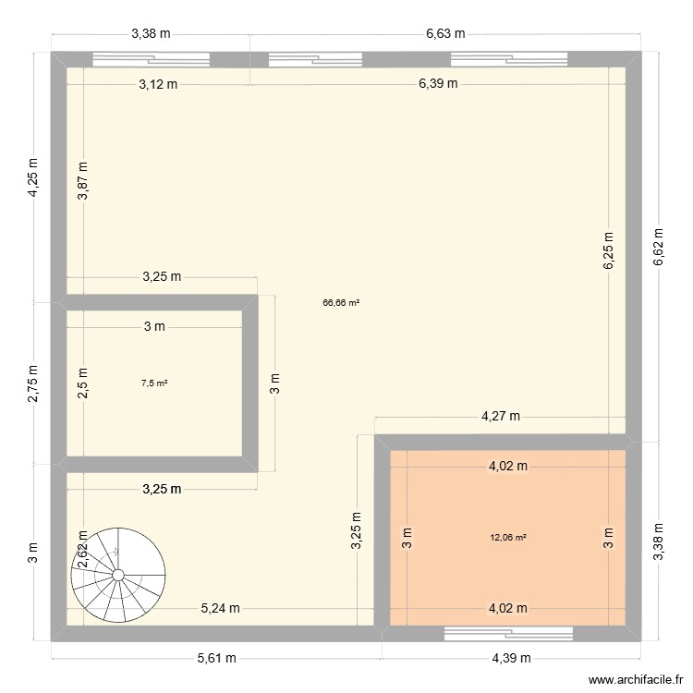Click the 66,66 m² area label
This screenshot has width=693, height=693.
[x=341, y=302]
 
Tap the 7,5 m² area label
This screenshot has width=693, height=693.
[x=154, y=383]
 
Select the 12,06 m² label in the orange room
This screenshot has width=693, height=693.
[x=508, y=537]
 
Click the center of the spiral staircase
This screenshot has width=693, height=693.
[x=118, y=575]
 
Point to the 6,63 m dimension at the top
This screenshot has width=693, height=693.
[x=444, y=33]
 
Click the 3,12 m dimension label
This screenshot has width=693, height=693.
[x=158, y=84]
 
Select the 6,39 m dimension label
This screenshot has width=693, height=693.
[x=438, y=84]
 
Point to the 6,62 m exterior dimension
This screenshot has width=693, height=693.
[x=658, y=248]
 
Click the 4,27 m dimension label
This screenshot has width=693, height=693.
[x=500, y=417]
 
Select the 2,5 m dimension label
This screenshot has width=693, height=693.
[x=83, y=383]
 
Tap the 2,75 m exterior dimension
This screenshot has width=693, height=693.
[x=33, y=382]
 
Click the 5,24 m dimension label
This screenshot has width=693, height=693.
[x=221, y=608]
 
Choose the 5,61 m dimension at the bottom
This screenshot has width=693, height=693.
[x=216, y=658]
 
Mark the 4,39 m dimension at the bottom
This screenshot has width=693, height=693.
[x=511, y=658]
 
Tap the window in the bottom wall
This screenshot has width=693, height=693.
[x=508, y=633]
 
